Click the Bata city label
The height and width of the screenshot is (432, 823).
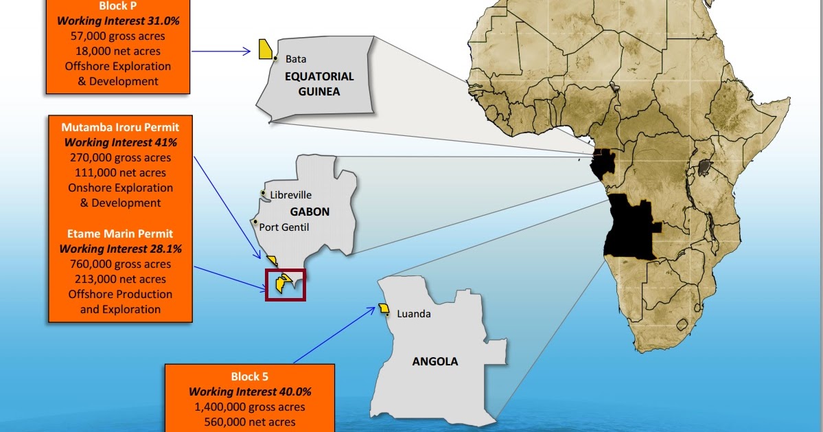296,59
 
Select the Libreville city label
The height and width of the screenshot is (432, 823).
290,195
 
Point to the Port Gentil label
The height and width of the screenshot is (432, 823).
285,227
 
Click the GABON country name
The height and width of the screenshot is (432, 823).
310,212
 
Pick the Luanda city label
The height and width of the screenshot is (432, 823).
414,314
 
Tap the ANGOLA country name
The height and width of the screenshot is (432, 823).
434,361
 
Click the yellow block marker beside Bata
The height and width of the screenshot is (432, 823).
264,49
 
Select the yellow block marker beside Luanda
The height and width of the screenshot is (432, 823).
383,309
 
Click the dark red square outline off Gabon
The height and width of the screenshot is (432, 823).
285,284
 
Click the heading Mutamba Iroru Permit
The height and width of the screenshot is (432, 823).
120,127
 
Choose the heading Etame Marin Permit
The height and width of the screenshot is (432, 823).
120,234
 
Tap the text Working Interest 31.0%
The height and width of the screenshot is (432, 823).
118,21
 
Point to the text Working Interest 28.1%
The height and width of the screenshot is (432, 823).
120,249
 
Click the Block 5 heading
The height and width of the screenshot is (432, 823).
250,376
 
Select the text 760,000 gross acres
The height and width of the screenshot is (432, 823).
120,264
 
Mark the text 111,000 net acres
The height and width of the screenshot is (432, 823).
120,172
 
